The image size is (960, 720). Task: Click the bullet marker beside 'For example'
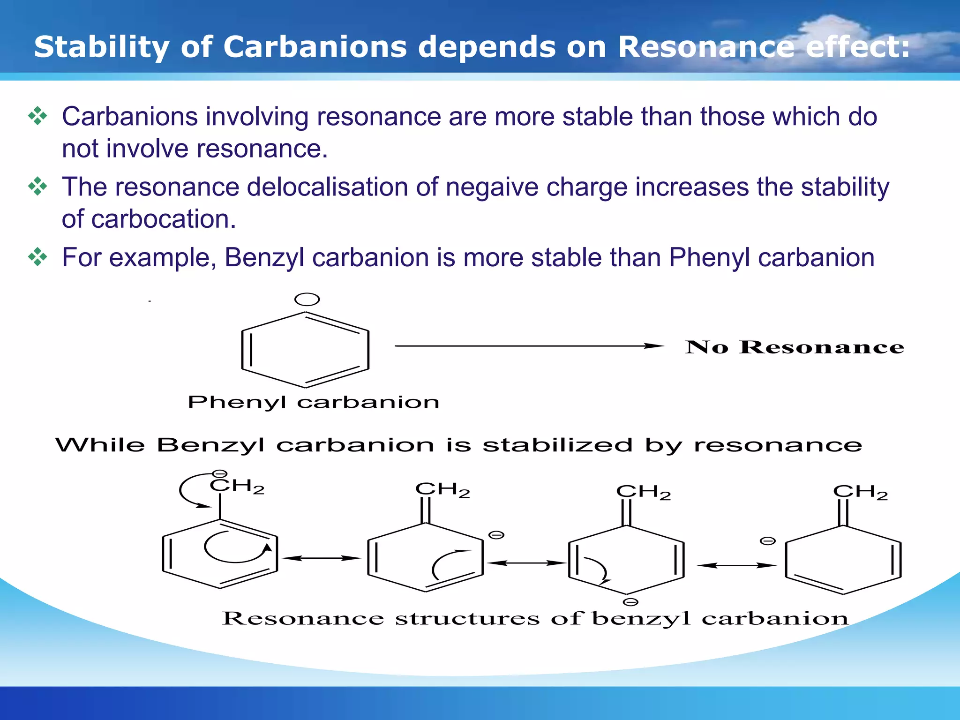(x=37, y=257)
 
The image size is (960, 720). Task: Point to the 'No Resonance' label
(x=795, y=347)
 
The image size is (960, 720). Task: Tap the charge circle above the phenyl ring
(x=307, y=300)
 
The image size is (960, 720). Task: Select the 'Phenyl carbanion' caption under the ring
(x=313, y=402)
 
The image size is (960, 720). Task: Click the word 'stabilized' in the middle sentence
(x=557, y=445)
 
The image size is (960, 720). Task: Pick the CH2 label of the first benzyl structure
(x=237, y=486)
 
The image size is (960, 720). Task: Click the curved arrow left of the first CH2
(x=187, y=491)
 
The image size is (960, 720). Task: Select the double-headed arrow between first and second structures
(x=322, y=558)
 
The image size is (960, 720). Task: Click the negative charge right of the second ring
(x=496, y=535)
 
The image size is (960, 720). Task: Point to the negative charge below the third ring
(x=630, y=602)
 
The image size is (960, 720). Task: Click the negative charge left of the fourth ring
(x=767, y=541)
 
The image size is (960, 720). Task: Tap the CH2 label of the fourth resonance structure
(x=860, y=492)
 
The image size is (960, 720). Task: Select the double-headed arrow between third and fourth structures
(x=736, y=565)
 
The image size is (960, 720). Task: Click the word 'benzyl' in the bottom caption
(x=641, y=618)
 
